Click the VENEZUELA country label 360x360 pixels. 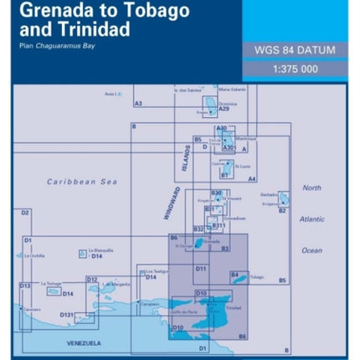[84, 343]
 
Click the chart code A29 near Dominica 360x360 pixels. [224, 110]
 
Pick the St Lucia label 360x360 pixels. [242, 166]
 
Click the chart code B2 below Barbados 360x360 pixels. [282, 211]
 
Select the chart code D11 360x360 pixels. [201, 268]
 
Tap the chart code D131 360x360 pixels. [68, 315]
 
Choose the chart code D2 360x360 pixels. [25, 213]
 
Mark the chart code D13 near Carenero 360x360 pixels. [25, 285]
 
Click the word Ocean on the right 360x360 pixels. [311, 249]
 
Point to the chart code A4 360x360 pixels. [252, 178]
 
